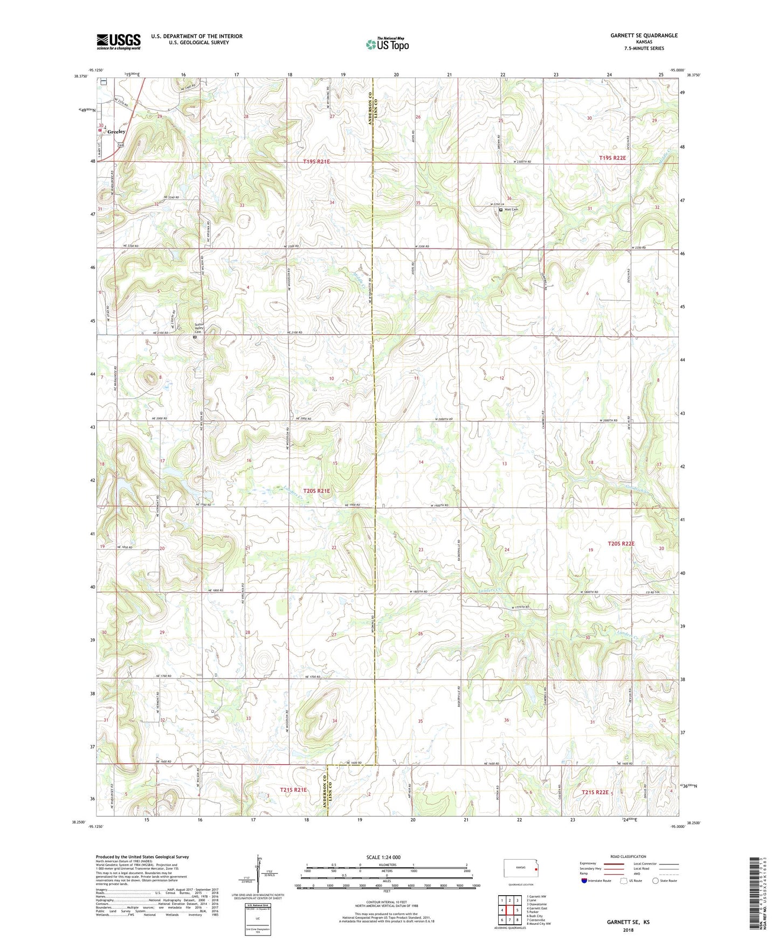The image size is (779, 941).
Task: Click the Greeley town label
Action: coord(116,132)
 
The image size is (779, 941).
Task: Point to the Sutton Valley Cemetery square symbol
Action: coord(195,337)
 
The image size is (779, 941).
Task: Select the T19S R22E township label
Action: coord(613,158)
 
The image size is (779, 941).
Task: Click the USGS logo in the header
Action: coord(119,41)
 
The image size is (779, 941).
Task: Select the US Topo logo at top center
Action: coord(387,44)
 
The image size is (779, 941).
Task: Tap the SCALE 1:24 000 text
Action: coord(383,857)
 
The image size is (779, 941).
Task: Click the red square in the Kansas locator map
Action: coord(535,869)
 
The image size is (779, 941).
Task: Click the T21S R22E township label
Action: coord(595,792)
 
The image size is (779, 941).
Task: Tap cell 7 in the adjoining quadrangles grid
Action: coord(509,919)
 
